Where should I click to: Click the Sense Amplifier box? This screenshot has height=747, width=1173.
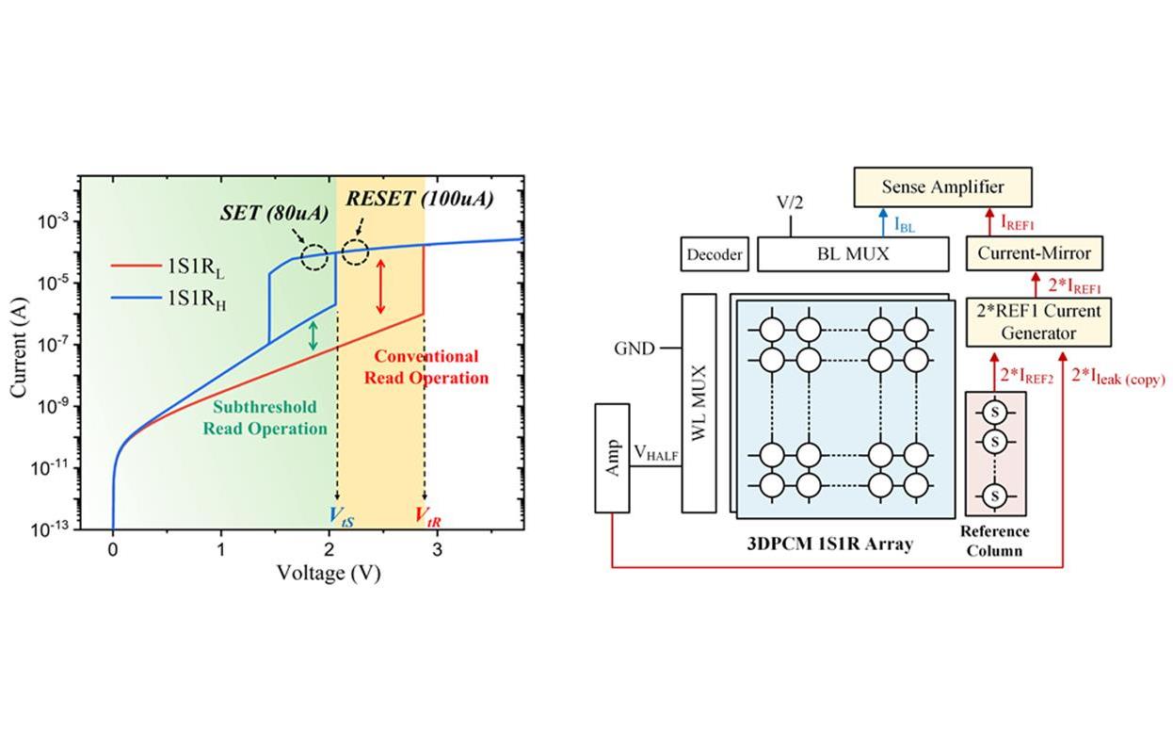click(x=942, y=187)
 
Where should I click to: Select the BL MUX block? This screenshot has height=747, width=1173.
click(x=853, y=253)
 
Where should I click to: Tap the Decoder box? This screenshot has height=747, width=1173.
click(x=715, y=254)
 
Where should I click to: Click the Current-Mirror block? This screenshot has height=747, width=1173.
click(x=1034, y=253)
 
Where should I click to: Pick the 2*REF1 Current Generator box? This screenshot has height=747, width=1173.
click(x=1034, y=321)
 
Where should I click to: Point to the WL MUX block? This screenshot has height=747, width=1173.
click(x=699, y=402)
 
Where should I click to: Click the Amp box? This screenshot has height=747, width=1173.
click(x=613, y=458)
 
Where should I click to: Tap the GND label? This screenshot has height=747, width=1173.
click(x=635, y=348)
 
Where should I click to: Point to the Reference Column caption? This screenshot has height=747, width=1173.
click(x=994, y=541)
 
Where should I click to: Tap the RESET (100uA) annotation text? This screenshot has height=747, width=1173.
click(x=420, y=200)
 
